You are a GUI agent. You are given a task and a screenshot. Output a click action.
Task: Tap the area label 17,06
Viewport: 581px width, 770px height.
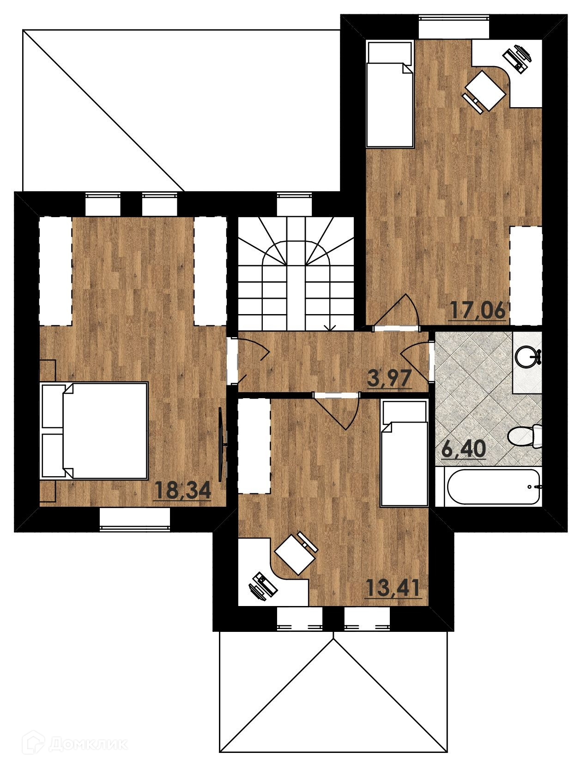(x=478, y=310)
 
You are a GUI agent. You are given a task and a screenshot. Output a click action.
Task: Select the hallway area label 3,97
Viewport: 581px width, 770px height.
(x=389, y=378)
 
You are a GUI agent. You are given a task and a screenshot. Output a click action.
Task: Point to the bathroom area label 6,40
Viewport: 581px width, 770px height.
(x=464, y=448)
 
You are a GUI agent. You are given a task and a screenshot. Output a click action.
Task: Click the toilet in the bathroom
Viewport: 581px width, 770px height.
(x=525, y=436)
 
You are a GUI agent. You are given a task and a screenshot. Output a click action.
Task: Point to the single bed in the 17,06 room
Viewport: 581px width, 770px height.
(x=389, y=94)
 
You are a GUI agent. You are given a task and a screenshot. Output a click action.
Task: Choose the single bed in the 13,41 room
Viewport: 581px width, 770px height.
(x=404, y=453)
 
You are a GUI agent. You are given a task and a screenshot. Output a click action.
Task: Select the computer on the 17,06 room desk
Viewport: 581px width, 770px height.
(x=517, y=58)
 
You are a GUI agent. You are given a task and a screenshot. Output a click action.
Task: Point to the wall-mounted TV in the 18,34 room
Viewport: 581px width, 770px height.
(x=222, y=444)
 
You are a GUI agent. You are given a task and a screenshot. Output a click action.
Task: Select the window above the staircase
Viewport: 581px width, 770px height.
(x=294, y=205)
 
